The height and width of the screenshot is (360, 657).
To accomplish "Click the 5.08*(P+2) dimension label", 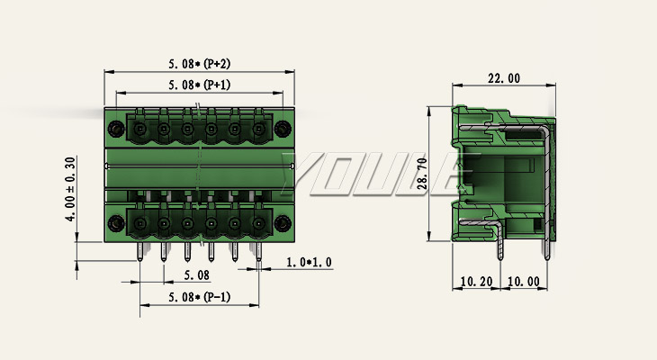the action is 200,64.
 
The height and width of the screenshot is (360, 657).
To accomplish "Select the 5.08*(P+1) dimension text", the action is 200,85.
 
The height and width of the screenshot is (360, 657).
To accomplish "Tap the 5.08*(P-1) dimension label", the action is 200,297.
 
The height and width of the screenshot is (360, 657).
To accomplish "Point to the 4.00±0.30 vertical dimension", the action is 70,189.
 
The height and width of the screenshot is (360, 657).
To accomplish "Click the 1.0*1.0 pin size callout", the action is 309,263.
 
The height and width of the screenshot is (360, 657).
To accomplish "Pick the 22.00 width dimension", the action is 504,78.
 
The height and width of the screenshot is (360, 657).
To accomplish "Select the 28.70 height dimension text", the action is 422,174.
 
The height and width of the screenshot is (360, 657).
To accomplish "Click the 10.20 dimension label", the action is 476,282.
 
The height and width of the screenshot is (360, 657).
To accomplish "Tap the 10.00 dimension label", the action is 524,282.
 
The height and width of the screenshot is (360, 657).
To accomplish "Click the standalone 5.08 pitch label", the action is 196,275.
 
